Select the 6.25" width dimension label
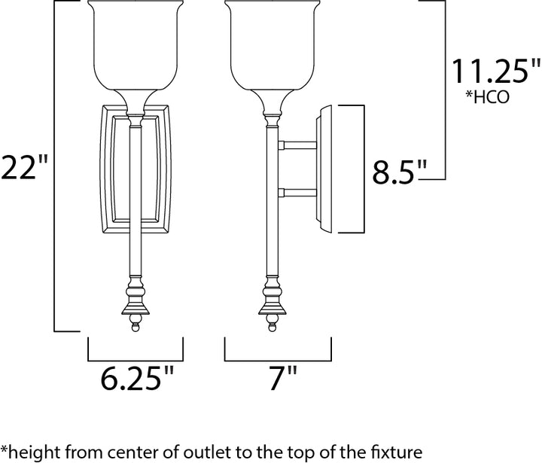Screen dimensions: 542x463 click(137, 378)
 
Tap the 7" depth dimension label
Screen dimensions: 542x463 click(283, 378)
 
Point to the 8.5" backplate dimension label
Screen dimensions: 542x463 click(397, 172)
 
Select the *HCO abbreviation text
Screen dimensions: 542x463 click(487, 96)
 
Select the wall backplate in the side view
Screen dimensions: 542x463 click(324, 169)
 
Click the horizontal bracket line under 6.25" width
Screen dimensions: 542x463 click(135, 361)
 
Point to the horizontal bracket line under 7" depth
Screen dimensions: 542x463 click(278, 361)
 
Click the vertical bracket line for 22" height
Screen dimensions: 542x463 click(55, 166)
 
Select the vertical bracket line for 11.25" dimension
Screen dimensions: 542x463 click(445, 90)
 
